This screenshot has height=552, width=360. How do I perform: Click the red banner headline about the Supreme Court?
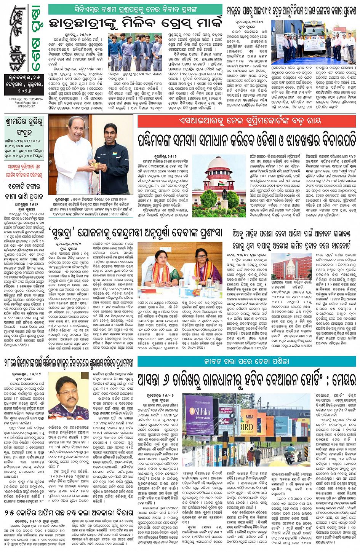coord(246,121)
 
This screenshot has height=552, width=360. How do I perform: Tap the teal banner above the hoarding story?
coord(246,362)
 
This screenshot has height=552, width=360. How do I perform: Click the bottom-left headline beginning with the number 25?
coord(69,513)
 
